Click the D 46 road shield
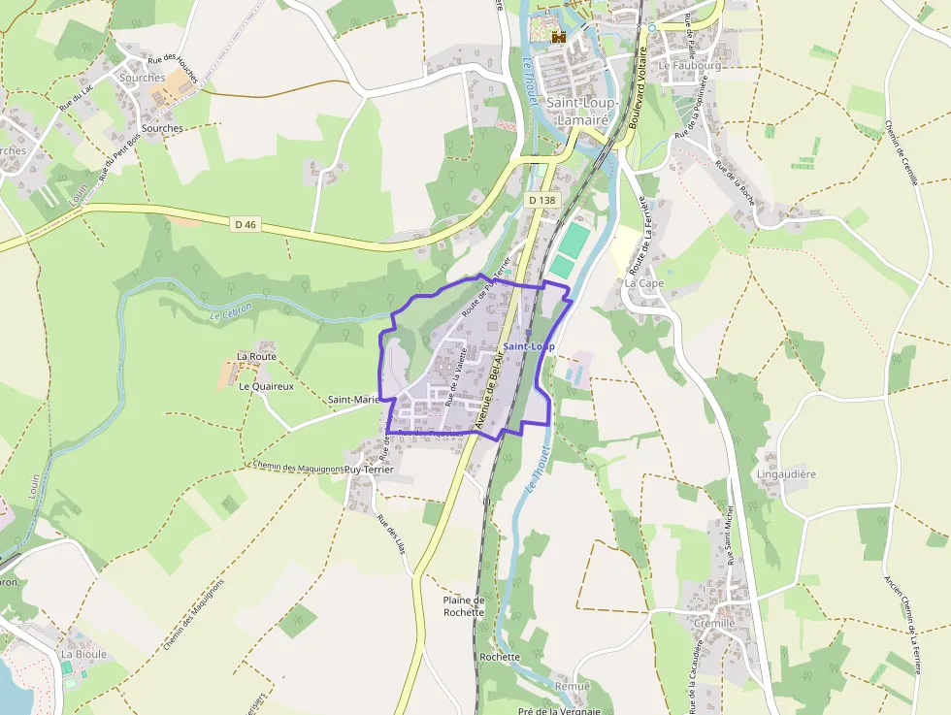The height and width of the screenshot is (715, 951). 246,224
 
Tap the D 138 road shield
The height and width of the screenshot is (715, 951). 542,200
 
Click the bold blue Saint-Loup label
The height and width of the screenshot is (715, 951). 529,346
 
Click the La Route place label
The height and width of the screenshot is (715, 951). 256,356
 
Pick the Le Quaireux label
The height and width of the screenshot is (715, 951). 266,386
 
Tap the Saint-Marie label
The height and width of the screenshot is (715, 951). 352,399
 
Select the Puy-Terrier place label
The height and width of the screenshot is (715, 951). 369,469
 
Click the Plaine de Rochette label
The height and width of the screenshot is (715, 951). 463,606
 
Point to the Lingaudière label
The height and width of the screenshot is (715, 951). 785,474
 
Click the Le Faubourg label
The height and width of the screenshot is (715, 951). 689,66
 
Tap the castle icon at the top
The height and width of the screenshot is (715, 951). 558,36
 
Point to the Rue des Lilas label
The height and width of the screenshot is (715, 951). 390,534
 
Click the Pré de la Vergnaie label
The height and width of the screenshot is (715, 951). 559,709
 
